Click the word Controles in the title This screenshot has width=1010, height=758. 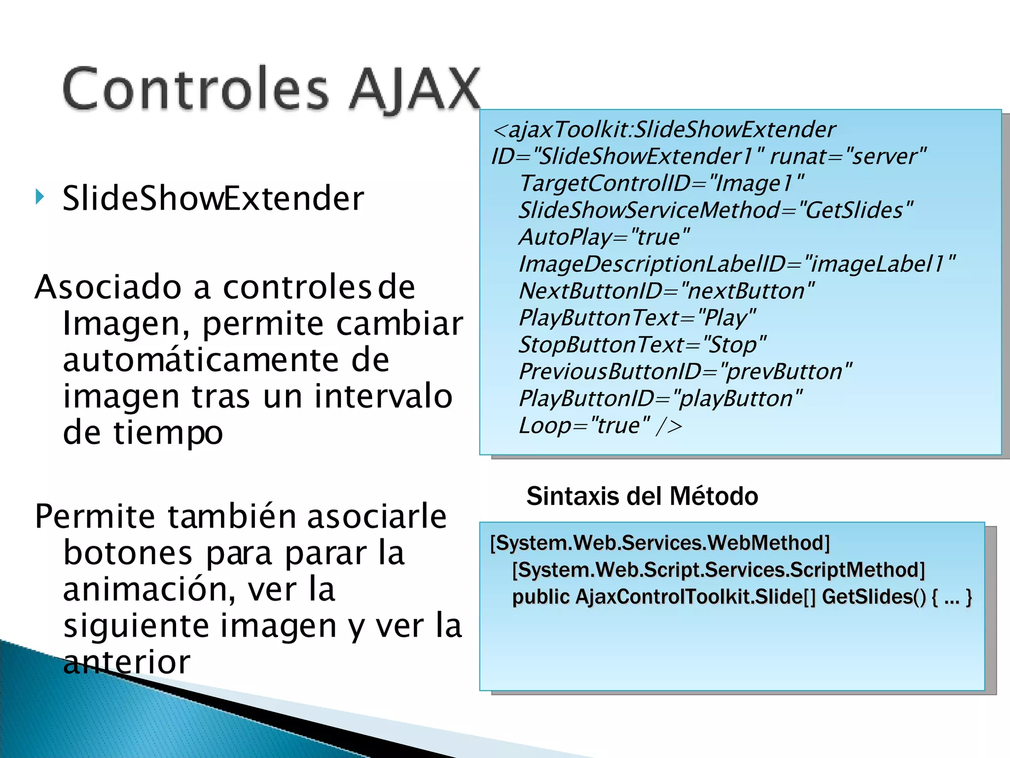click(195, 89)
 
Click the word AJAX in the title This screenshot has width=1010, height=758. click(414, 89)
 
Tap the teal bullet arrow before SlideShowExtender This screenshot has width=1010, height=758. click(40, 197)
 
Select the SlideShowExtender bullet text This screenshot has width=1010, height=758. click(213, 198)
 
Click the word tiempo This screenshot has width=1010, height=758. click(168, 433)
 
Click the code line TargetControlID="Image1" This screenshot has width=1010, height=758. click(661, 184)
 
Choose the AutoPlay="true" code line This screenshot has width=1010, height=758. click(604, 237)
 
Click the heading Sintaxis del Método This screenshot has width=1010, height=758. click(642, 496)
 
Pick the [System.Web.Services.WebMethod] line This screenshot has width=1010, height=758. click(660, 543)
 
